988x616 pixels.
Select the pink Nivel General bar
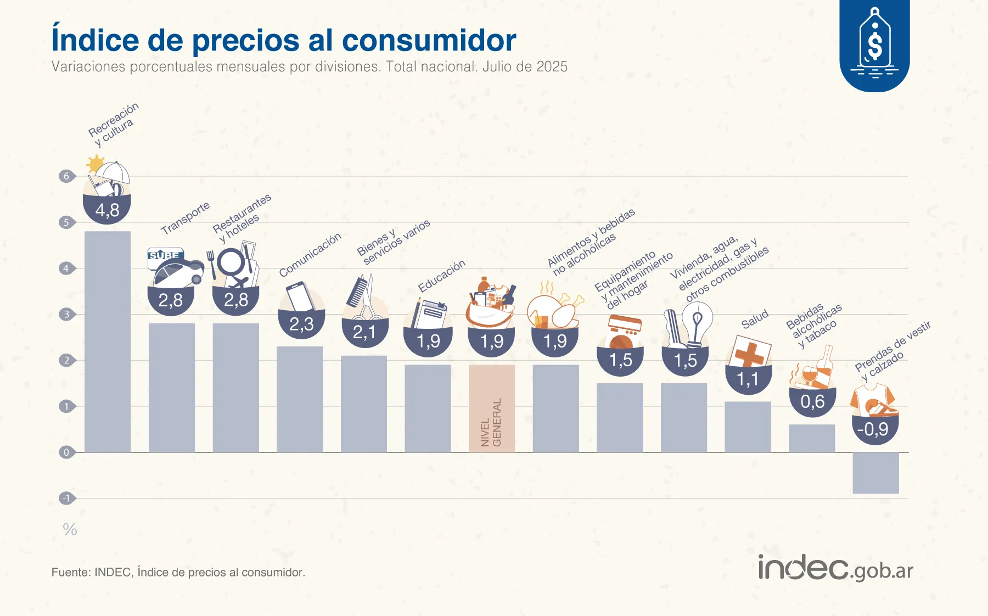pos(492,408)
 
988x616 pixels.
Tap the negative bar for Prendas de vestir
pos(875,473)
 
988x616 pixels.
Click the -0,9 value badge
pos(875,429)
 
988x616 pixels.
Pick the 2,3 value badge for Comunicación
pos(301,324)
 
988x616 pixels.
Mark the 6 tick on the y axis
pos(66,176)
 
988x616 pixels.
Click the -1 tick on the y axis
pos(66,499)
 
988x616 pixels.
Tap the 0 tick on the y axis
pos(66,452)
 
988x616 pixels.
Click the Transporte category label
pos(185,218)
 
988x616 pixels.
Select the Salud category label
pos(755,319)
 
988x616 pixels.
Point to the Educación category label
pos(441,276)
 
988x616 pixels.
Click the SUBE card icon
pos(164,256)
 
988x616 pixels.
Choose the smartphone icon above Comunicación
pos(300,296)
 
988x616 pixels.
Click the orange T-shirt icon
pos(873,400)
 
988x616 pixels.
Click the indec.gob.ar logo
pos(835,568)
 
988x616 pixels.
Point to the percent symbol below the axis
pos(70,529)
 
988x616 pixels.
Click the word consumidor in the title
pos(429,41)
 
